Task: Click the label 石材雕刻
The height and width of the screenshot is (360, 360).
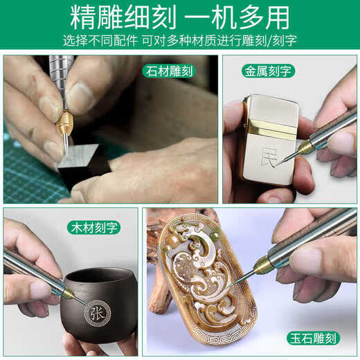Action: [169, 71]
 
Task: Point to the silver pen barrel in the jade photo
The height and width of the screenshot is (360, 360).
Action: [312, 240]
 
